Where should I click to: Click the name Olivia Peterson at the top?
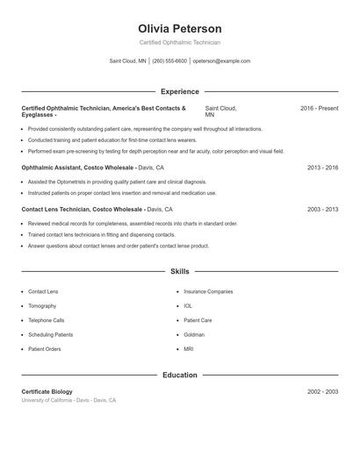pyautogui.click(x=179, y=29)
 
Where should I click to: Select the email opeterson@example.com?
pyautogui.click(x=221, y=61)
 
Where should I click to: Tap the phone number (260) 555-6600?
pyautogui.click(x=169, y=61)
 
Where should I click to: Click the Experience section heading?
pyautogui.click(x=179, y=91)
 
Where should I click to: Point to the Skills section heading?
pyautogui.click(x=179, y=272)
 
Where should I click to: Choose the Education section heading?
pyautogui.click(x=179, y=375)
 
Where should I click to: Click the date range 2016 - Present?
pyautogui.click(x=319, y=108)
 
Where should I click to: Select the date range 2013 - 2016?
pyautogui.click(x=322, y=167)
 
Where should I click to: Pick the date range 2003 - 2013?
pyautogui.click(x=322, y=210)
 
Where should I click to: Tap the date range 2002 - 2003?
pyautogui.click(x=322, y=391)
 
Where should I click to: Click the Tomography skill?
pyautogui.click(x=42, y=305)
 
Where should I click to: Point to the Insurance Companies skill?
pyautogui.click(x=208, y=291)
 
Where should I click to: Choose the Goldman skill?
pyautogui.click(x=194, y=334)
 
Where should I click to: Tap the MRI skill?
pyautogui.click(x=189, y=349)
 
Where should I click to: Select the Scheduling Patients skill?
pyautogui.click(x=50, y=334)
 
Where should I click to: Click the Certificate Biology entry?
pyautogui.click(x=47, y=391)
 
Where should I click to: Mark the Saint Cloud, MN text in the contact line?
pyautogui.click(x=128, y=61)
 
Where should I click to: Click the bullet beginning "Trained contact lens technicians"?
pyautogui.click(x=102, y=235)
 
